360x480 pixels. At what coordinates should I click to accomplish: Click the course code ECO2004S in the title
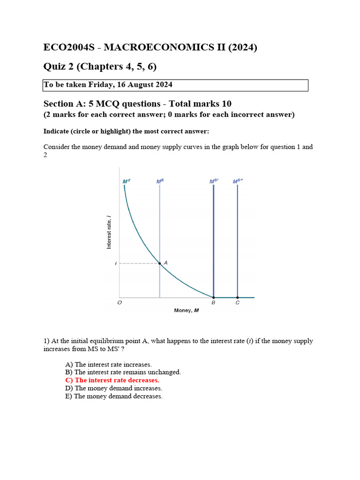tap(70, 48)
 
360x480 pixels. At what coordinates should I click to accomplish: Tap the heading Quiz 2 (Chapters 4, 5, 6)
tap(100, 67)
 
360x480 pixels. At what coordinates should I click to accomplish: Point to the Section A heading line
tap(137, 104)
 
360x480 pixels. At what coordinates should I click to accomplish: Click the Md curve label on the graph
tap(126, 181)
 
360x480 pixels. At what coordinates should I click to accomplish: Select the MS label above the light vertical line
tap(160, 181)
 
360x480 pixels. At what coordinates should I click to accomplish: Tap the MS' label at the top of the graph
tap(214, 181)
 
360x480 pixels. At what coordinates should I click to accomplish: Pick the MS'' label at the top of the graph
tap(238, 181)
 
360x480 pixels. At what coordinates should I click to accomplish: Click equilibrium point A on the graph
tap(160, 264)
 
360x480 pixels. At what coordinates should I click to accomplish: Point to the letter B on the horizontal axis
tap(213, 303)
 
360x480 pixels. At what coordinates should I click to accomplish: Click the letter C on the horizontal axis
tap(237, 303)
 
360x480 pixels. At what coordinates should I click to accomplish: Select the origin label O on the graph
tap(119, 303)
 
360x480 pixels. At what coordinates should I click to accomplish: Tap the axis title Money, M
tap(187, 310)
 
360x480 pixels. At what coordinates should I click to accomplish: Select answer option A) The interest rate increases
tap(108, 364)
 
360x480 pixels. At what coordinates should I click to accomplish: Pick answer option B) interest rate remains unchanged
tap(123, 372)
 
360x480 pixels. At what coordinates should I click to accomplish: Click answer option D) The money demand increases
tap(113, 388)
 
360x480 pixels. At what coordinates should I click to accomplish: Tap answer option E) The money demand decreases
tap(114, 396)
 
